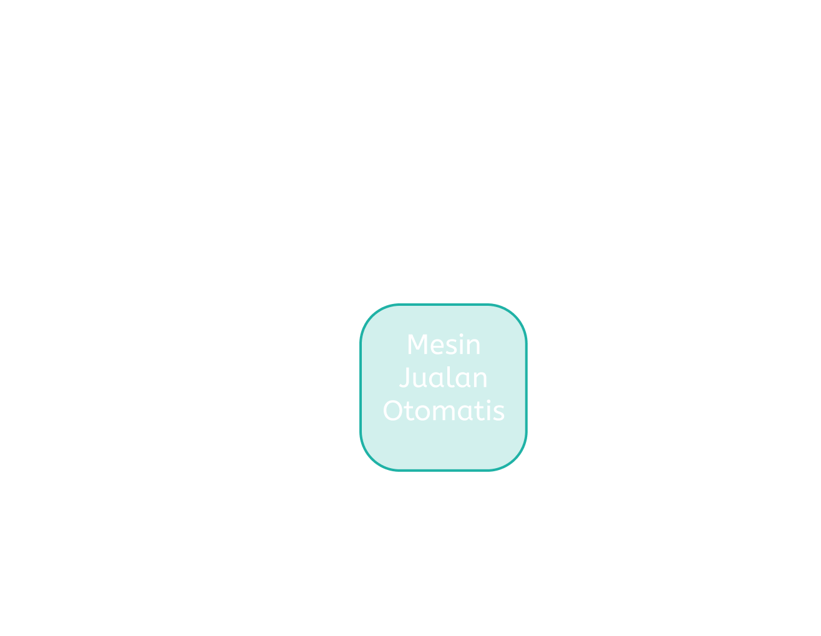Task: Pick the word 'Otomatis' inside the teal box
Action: tap(444, 411)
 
